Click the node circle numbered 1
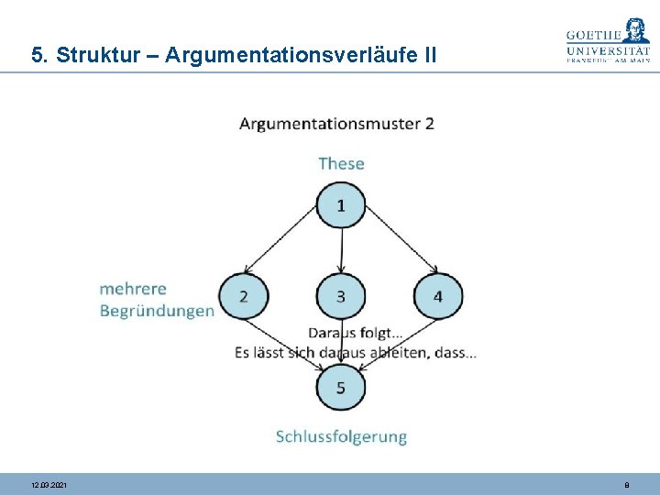341,205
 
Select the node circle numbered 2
243,296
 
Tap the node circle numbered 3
341,296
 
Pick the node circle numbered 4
438,296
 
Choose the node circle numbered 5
341,388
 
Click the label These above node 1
341,163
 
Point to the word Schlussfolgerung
341,436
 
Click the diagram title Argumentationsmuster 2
336,124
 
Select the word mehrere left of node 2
133,289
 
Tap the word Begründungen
157,311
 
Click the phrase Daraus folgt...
354,333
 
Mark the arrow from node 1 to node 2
283,244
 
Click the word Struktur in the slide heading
95,55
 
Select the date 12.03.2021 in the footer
49,484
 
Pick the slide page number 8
626,484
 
